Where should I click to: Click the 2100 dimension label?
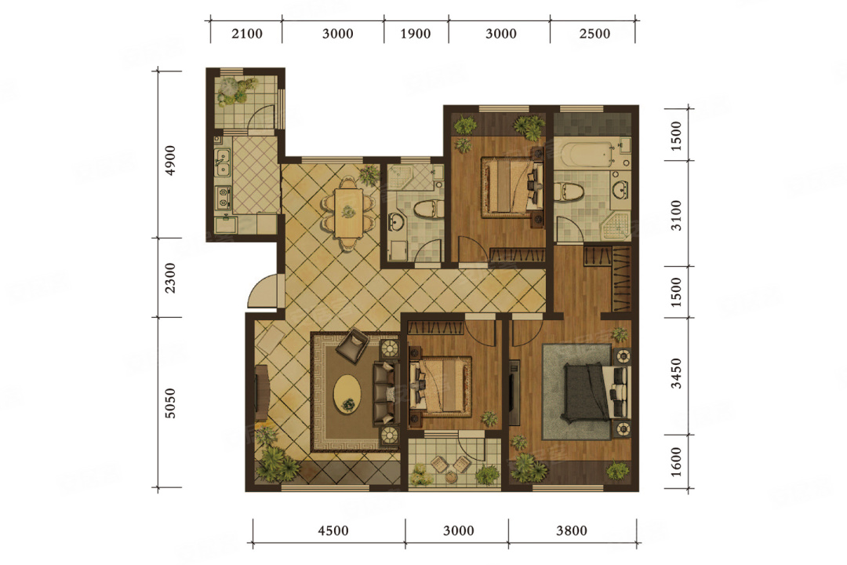click(247, 34)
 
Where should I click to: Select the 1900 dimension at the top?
click(416, 34)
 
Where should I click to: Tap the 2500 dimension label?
click(594, 34)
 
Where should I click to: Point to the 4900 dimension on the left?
click(170, 160)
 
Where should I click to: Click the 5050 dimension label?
click(170, 403)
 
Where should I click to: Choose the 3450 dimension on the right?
click(676, 374)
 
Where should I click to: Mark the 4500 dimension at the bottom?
click(333, 530)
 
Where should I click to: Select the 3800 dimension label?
click(572, 530)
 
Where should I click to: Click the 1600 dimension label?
click(676, 462)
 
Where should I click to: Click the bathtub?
click(586, 154)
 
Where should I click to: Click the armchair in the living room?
click(353, 344)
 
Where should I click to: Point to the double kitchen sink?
click(222, 163)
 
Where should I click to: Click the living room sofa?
click(386, 393)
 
